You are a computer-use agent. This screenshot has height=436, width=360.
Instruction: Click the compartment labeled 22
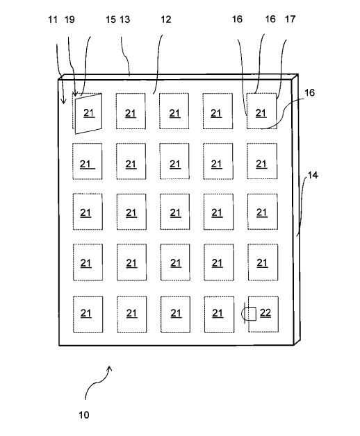[263, 315]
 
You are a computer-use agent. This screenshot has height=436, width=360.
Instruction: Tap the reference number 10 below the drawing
[84, 415]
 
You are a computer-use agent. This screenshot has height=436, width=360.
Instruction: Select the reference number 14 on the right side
[313, 175]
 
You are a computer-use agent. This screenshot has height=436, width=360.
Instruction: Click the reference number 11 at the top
[53, 19]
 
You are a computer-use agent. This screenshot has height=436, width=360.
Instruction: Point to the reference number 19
[69, 19]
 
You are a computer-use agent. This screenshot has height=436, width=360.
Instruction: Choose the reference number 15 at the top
[111, 19]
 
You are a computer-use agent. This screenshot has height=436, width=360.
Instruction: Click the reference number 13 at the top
[125, 19]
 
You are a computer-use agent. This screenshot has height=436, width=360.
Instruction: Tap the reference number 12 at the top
[166, 19]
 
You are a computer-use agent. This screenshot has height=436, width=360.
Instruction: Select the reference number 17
[290, 19]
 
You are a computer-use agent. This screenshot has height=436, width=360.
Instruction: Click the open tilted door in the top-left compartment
[88, 114]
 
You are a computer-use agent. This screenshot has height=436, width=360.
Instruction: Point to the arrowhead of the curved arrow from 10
[110, 369]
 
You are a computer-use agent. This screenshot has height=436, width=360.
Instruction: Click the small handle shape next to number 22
[249, 314]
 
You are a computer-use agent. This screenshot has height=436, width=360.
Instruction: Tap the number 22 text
[265, 313]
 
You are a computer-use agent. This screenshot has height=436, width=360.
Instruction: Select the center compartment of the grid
[175, 212]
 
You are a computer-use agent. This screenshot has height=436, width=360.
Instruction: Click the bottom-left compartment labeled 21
[88, 315]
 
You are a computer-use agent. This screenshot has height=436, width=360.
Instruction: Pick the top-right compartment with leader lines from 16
[262, 111]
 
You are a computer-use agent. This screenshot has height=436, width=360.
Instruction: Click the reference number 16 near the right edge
[309, 92]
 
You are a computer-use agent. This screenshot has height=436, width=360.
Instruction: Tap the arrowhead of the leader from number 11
[63, 102]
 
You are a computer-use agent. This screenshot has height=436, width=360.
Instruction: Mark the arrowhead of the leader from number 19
[74, 94]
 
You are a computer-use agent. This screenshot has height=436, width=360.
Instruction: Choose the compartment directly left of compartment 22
[219, 315]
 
